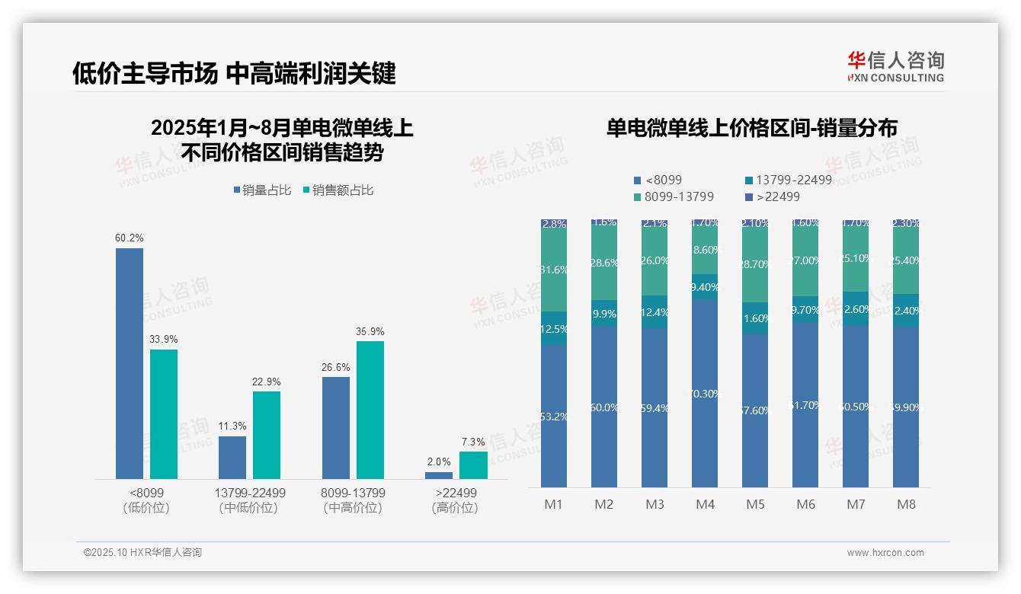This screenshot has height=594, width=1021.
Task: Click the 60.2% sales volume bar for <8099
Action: point(130,363)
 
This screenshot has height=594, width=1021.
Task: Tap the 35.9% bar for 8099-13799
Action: point(370,410)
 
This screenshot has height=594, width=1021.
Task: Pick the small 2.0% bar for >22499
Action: point(439,475)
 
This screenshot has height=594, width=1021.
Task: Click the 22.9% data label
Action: point(267,382)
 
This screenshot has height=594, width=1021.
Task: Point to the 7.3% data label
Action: point(473,442)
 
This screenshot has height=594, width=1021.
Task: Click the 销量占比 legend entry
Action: point(262,190)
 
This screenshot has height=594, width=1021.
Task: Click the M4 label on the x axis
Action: point(705,504)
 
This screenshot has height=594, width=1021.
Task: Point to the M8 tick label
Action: point(906,504)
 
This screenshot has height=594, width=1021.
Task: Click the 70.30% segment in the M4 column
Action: point(705,393)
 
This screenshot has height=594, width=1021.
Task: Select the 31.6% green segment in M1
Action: point(554,270)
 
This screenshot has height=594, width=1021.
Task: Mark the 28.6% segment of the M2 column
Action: point(604,263)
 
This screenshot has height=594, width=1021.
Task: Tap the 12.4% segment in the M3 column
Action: point(655,312)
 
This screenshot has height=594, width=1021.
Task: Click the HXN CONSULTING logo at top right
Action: point(895,67)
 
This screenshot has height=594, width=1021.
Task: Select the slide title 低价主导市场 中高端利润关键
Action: point(234,73)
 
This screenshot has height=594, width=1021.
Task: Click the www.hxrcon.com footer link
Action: point(885,553)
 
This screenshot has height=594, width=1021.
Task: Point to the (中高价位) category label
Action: point(353,508)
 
